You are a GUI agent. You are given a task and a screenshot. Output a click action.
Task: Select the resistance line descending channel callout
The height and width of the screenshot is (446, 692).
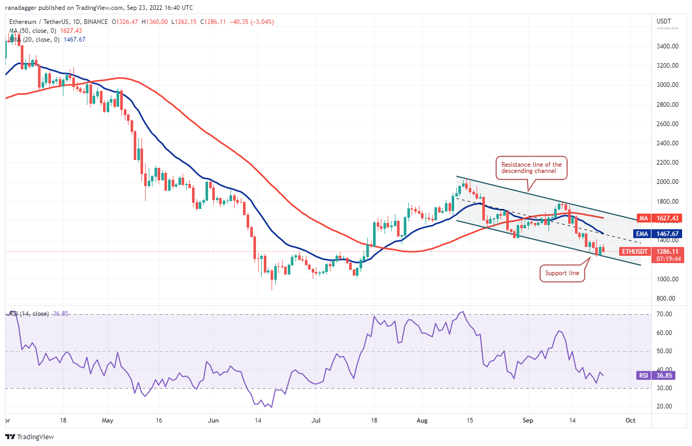tap(531, 168)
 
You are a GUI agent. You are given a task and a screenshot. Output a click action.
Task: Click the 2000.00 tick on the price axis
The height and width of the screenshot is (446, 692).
tap(667, 182)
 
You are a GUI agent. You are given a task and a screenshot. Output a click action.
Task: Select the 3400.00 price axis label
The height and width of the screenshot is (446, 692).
tap(667, 46)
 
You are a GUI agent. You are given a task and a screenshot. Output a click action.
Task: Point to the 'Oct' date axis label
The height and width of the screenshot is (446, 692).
tap(631, 420)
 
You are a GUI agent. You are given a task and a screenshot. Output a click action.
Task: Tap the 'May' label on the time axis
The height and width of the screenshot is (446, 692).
tap(108, 420)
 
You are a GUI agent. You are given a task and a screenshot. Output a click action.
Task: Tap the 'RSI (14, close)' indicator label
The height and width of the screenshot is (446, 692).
tap(29, 314)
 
